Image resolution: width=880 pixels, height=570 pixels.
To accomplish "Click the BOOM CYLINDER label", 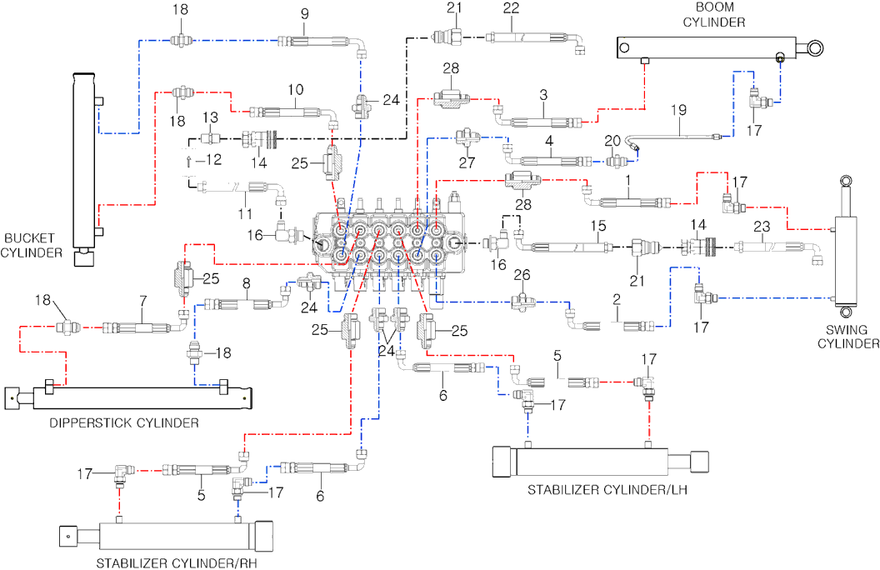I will [714, 15].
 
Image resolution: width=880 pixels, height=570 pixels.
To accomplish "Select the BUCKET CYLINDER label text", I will [34, 244].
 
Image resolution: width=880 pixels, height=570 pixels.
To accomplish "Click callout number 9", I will [304, 13].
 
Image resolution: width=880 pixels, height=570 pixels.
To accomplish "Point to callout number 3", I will [542, 96].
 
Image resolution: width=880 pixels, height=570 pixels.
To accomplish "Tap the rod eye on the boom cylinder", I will [814, 48].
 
